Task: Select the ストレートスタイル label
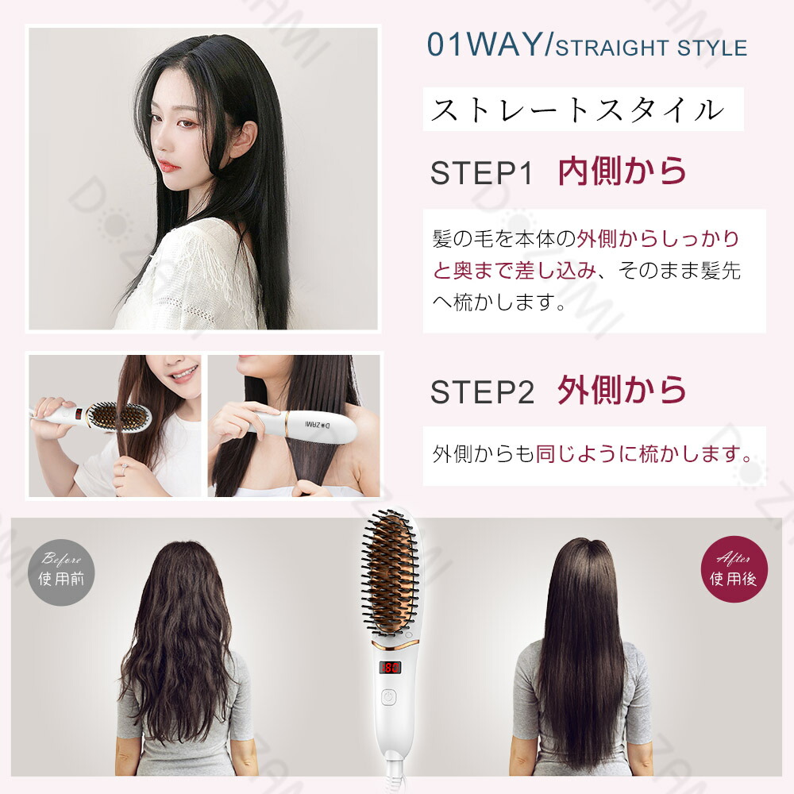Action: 577,110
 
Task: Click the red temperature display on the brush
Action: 390,669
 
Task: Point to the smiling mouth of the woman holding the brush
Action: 184,372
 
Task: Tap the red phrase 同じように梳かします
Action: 643,455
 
